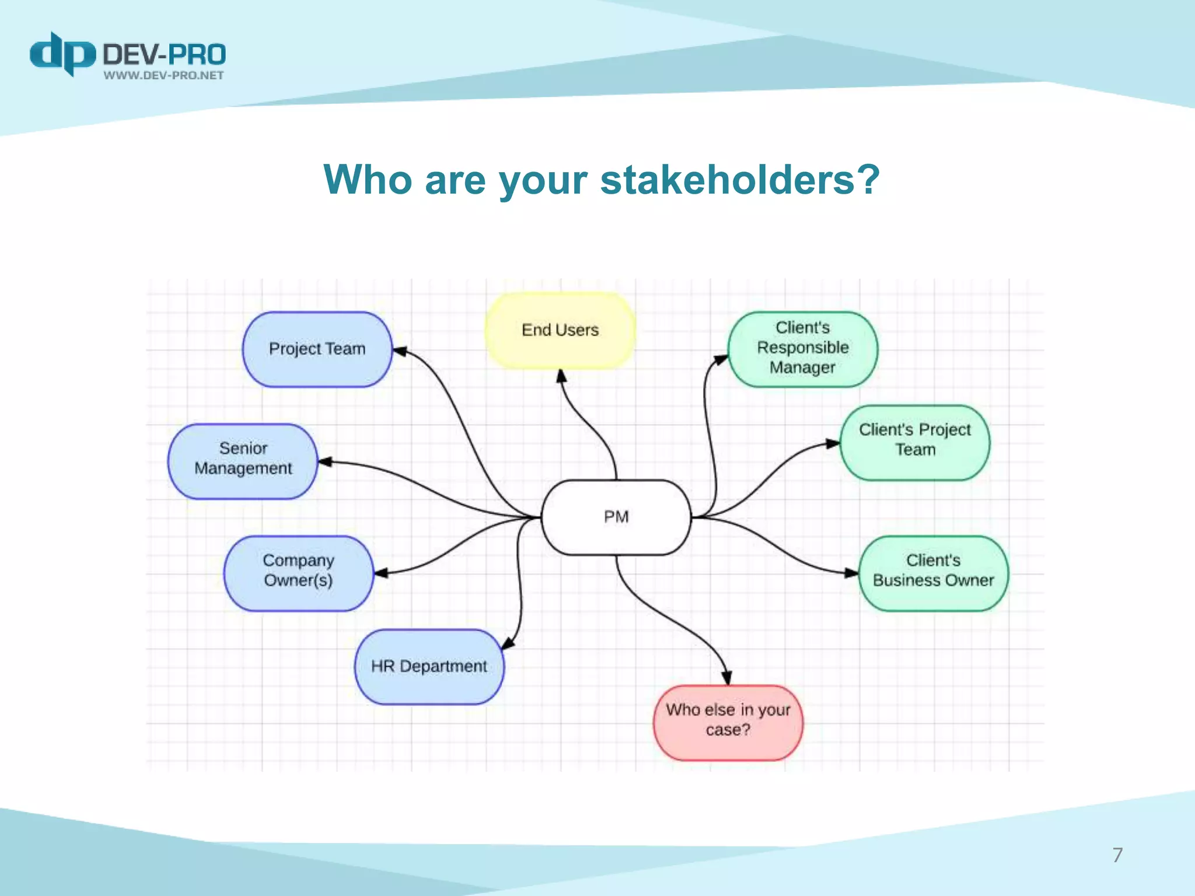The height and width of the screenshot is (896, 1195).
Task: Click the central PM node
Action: point(616,517)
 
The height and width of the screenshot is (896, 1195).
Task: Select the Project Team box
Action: point(317,349)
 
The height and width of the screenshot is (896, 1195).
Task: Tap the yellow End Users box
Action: point(560,330)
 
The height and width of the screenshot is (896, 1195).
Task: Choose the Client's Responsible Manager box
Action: point(802,348)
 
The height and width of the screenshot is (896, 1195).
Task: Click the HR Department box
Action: point(429,666)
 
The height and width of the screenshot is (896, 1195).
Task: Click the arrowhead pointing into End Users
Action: point(561,376)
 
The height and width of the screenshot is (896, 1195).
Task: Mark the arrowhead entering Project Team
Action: point(400,351)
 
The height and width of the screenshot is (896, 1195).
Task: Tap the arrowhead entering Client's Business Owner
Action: point(851,573)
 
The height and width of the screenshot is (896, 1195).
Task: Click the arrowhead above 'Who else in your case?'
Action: point(726,677)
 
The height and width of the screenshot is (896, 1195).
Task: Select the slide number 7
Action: point(1117,855)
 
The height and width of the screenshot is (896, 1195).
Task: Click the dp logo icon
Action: point(62,54)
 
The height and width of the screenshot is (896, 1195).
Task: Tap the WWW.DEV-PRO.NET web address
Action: point(164,75)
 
